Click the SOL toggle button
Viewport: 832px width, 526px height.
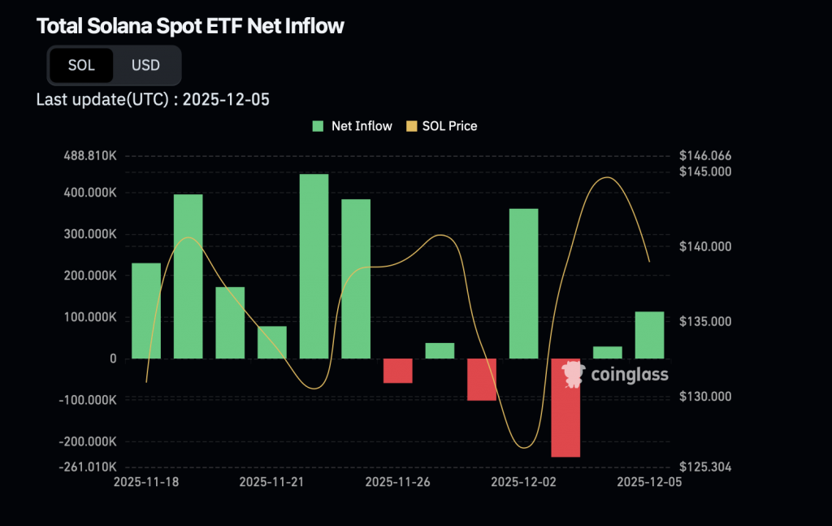tap(81, 66)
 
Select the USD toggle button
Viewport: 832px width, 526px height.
tap(146, 66)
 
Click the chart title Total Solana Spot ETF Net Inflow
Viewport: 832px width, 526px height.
tap(190, 26)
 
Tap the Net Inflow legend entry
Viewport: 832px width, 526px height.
tap(353, 126)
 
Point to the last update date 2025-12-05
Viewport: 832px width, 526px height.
tap(226, 100)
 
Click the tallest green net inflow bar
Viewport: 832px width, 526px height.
tap(314, 266)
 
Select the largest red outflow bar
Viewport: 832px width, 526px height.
tap(565, 407)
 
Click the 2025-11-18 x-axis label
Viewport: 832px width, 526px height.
tap(146, 482)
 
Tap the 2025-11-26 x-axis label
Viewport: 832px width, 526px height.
tap(397, 482)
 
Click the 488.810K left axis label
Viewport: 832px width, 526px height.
tap(89, 155)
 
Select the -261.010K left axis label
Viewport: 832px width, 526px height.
tap(89, 467)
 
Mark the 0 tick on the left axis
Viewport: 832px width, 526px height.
tap(112, 359)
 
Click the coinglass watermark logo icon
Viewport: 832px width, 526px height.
tap(573, 374)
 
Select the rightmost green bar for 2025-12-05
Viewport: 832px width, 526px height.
tap(649, 335)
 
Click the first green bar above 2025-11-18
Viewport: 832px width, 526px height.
tap(146, 311)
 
